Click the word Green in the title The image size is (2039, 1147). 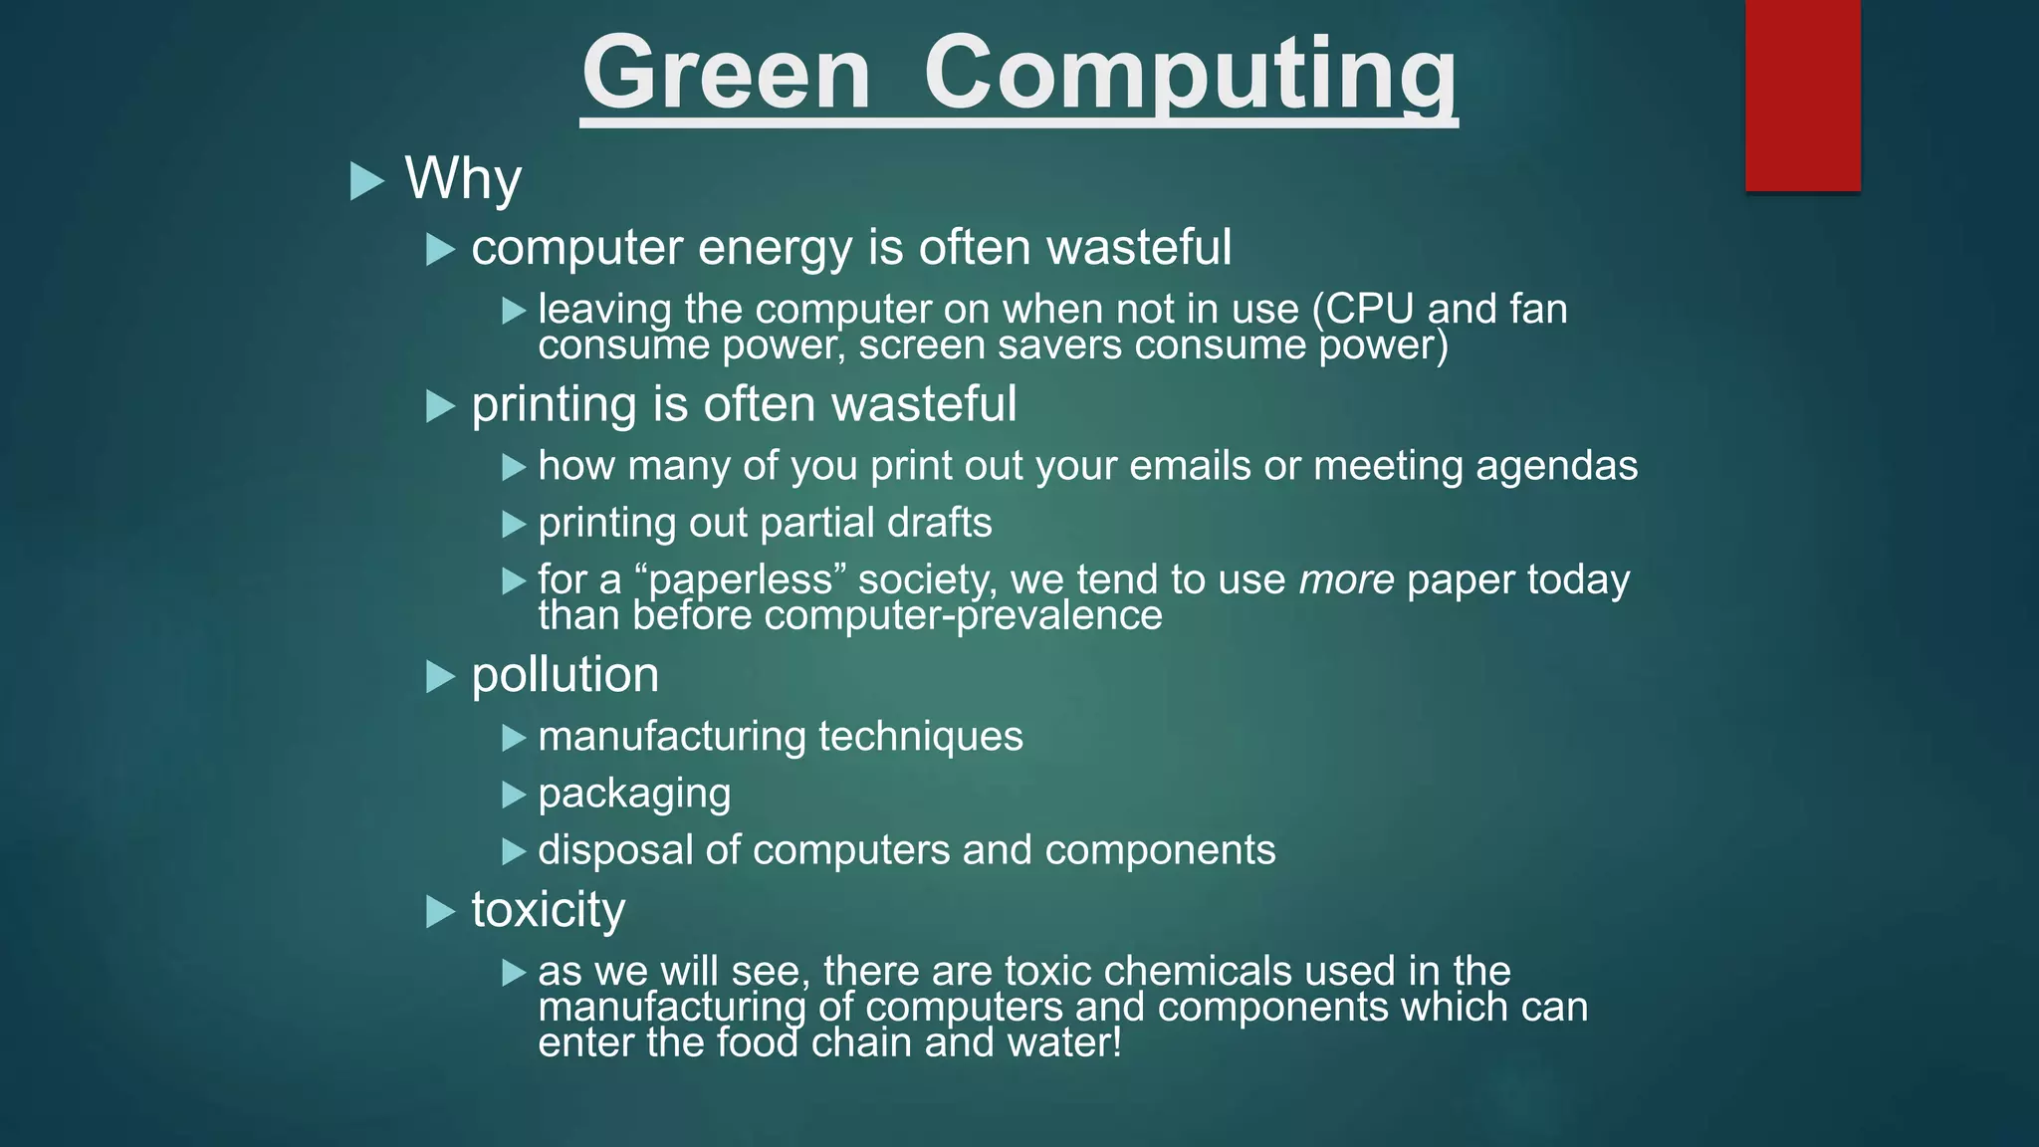[x=726, y=74]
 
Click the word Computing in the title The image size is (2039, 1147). [x=1190, y=74]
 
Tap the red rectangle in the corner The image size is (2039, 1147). [x=1802, y=95]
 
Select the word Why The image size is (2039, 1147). [x=463, y=179]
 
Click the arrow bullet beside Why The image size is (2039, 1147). [x=367, y=181]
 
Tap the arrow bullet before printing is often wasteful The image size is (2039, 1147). [x=440, y=406]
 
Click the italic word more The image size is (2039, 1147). [x=1346, y=580]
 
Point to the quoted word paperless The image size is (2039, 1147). [x=740, y=580]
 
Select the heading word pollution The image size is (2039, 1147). [x=565, y=675]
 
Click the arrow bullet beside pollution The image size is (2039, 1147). [x=440, y=677]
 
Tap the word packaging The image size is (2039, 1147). [x=634, y=795]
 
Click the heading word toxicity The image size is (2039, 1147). [x=548, y=910]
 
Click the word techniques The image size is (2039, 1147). [x=920, y=737]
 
